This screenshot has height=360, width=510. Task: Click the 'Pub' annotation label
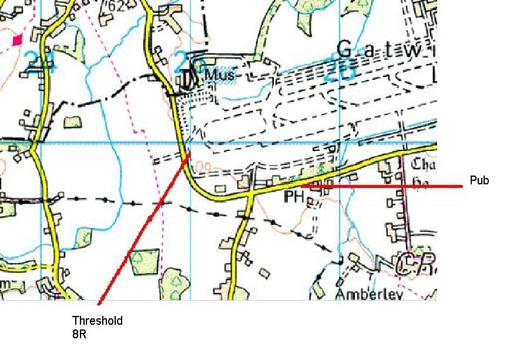click(479, 181)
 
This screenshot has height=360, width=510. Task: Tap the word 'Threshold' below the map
click(98, 321)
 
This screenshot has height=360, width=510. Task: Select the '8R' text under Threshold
click(79, 336)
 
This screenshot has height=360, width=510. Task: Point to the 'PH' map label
click(293, 197)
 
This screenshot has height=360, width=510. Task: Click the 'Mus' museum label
click(219, 75)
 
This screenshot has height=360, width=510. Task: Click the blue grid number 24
click(42, 62)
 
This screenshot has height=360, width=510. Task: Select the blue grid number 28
click(339, 72)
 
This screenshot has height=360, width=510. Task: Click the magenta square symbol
click(17, 40)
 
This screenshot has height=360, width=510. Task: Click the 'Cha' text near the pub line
click(424, 164)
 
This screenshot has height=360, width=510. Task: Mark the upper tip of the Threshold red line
click(189, 154)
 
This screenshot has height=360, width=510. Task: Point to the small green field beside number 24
click(72, 122)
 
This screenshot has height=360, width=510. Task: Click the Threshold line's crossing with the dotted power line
click(160, 204)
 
